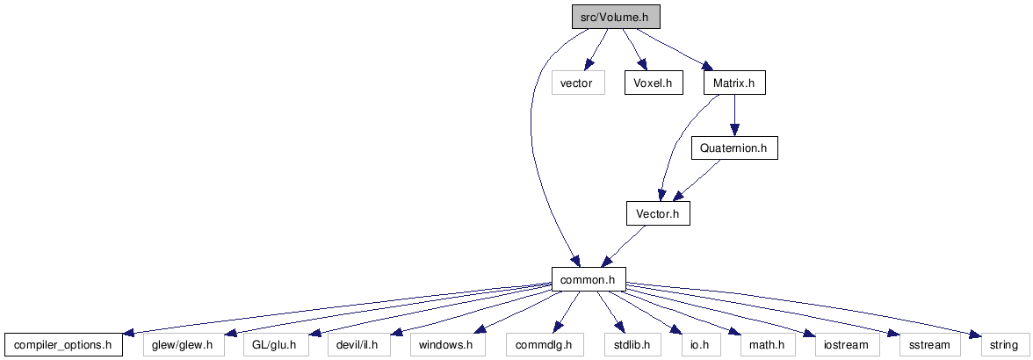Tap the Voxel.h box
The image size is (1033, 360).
point(654,83)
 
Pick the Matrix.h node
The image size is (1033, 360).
point(734,83)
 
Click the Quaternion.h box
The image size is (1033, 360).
point(734,148)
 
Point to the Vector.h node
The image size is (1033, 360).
point(658,213)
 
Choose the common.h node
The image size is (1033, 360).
point(589,279)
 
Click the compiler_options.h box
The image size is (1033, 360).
point(63,345)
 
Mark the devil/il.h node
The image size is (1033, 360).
point(358,345)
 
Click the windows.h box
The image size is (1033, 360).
point(446,345)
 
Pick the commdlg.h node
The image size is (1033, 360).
point(545,345)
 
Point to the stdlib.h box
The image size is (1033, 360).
point(627,345)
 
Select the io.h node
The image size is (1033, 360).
point(688,345)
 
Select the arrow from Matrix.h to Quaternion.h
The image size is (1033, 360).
point(734,116)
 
